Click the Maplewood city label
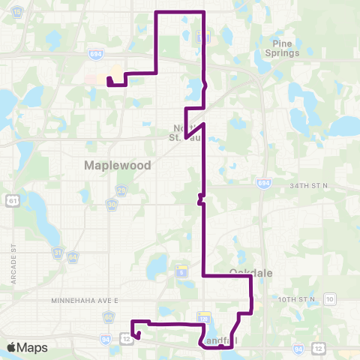[118, 164]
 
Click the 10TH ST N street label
[297, 299]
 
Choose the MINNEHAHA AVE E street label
[85, 299]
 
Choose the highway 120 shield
[202, 318]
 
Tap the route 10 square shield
[330, 299]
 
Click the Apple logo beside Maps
[10, 347]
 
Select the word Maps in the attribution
[32, 347]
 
